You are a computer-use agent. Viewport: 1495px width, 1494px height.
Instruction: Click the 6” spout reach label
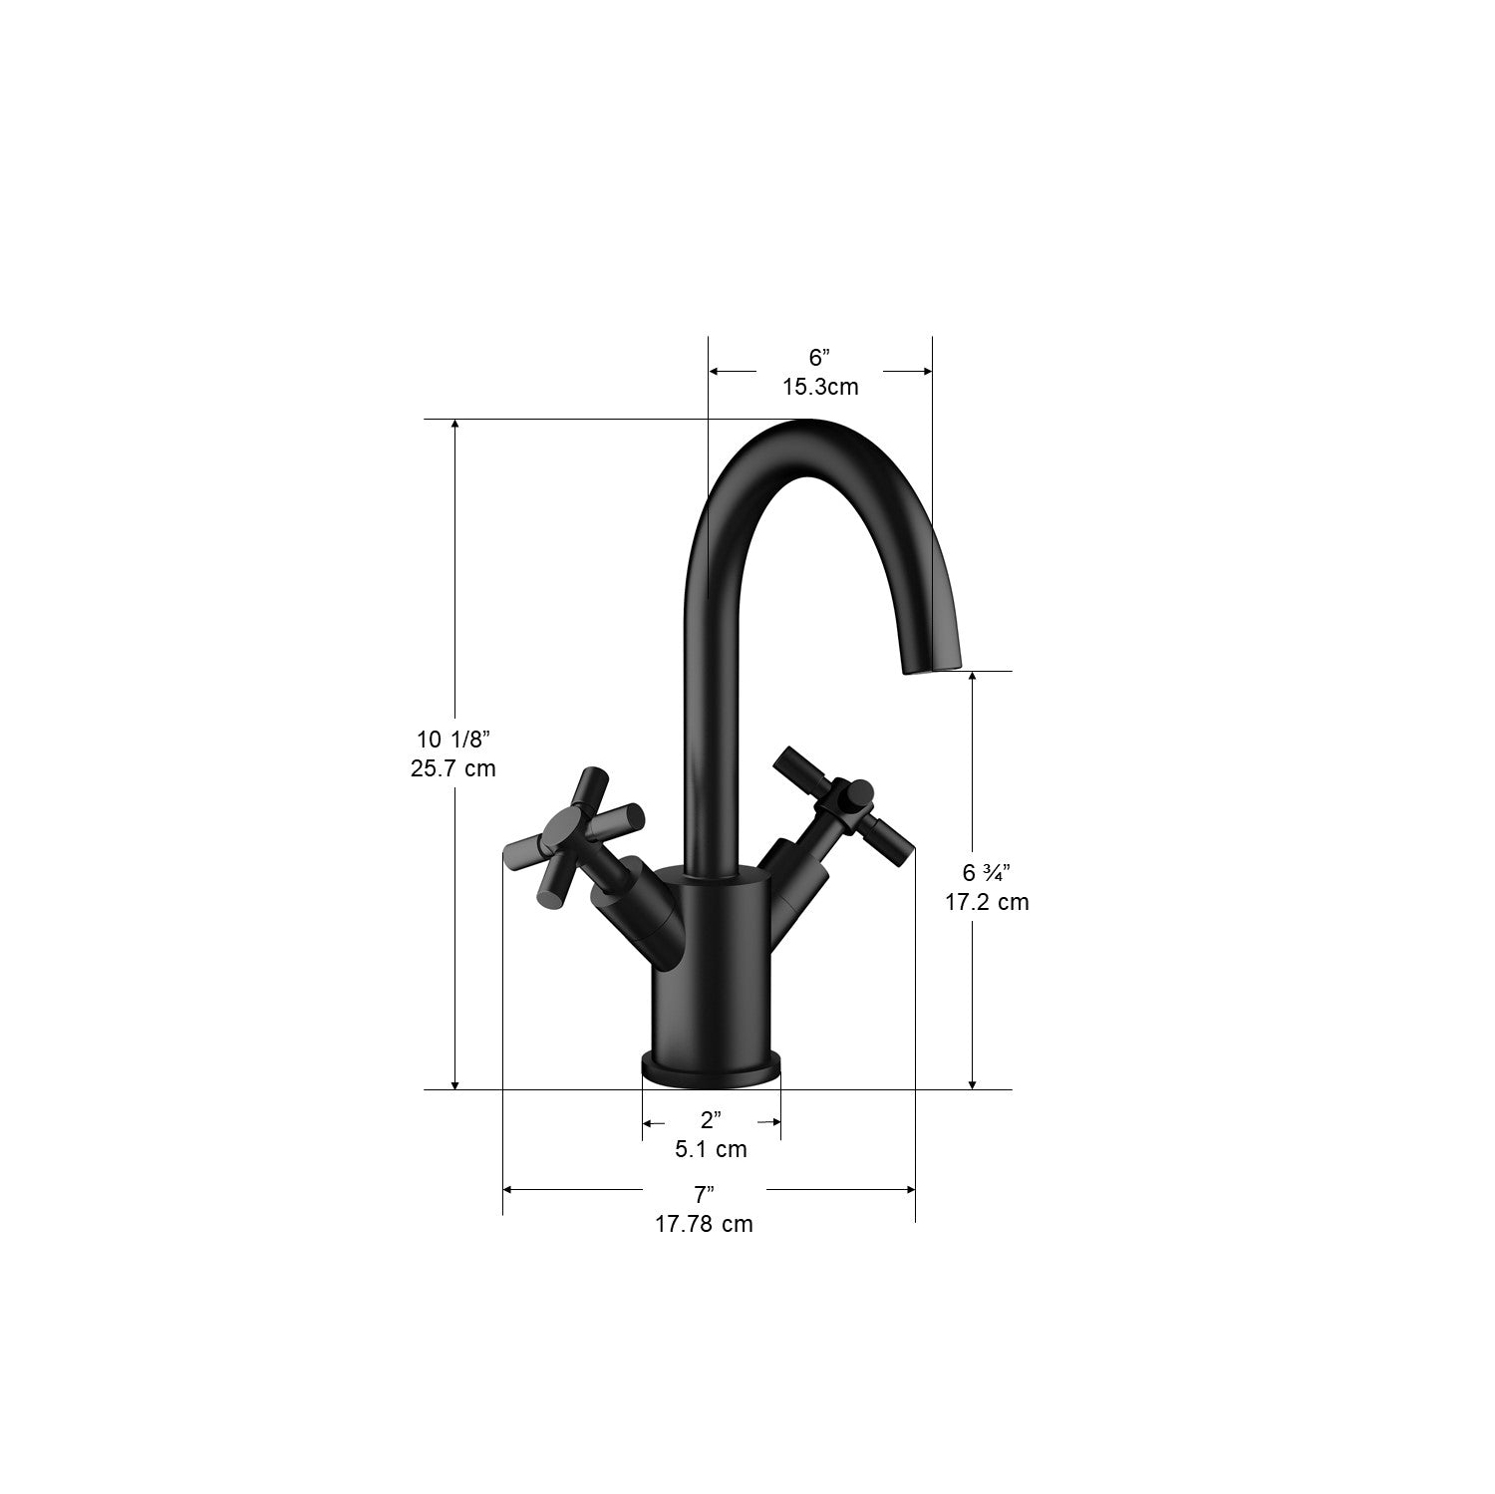click(818, 358)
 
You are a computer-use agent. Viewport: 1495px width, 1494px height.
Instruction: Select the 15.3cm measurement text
click(819, 387)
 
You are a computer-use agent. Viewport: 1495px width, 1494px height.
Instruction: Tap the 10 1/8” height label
click(453, 740)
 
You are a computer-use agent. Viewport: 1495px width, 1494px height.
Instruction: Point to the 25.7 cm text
click(453, 768)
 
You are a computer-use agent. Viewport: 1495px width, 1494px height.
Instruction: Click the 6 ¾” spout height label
click(986, 873)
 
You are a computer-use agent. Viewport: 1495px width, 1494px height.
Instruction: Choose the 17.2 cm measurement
click(987, 902)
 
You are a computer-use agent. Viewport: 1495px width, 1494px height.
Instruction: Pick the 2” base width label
click(711, 1120)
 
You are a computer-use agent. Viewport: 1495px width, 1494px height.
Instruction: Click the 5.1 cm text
click(711, 1149)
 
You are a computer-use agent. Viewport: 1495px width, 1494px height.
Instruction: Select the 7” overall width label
click(705, 1194)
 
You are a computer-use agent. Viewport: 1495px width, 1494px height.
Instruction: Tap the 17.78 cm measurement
click(704, 1224)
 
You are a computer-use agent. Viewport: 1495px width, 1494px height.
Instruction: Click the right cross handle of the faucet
click(844, 802)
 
